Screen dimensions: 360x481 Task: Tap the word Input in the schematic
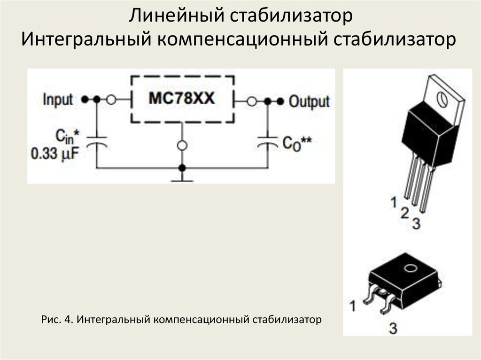click(58, 100)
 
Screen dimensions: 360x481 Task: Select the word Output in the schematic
click(309, 101)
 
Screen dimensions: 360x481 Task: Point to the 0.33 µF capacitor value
click(54, 153)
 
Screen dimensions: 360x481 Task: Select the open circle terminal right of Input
click(111, 100)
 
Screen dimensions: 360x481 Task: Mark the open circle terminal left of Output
click(251, 101)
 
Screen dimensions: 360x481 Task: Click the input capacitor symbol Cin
click(97, 142)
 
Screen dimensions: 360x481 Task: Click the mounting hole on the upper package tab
click(441, 99)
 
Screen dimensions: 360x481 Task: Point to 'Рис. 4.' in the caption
click(57, 320)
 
